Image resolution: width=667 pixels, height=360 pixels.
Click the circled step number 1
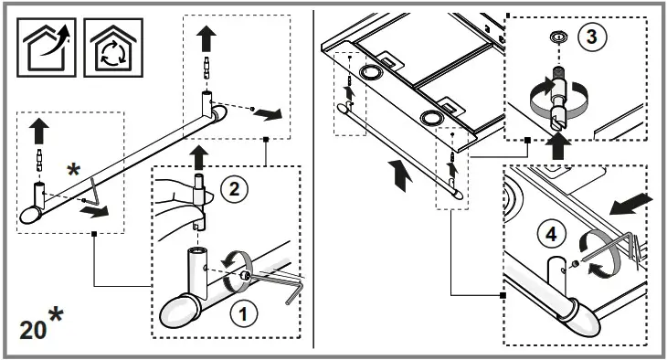pyautogui.click(x=243, y=314)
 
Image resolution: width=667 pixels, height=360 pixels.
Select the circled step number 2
pyautogui.click(x=234, y=189)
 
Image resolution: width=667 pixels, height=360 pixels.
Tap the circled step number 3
pyautogui.click(x=592, y=37)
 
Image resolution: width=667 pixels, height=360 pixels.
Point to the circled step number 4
pyautogui.click(x=551, y=234)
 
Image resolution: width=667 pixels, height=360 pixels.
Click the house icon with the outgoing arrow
pyautogui.click(x=47, y=48)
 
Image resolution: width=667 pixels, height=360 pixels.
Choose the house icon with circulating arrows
pyautogui.click(x=113, y=48)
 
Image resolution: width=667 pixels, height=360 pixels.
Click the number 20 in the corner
pyautogui.click(x=32, y=330)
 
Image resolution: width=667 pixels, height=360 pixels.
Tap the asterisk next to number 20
pyautogui.click(x=56, y=315)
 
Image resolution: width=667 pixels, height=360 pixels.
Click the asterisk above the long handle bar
pyautogui.click(x=73, y=170)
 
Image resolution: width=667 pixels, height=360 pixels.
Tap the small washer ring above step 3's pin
pyautogui.click(x=556, y=37)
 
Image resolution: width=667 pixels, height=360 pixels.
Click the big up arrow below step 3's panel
pyautogui.click(x=557, y=146)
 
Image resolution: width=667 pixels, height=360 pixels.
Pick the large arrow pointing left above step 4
pyautogui.click(x=630, y=205)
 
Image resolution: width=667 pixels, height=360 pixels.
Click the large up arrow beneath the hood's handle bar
pyautogui.click(x=400, y=175)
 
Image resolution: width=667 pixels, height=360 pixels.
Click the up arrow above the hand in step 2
pyautogui.click(x=198, y=157)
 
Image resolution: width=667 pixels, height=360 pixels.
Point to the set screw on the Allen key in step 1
pyautogui.click(x=245, y=275)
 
